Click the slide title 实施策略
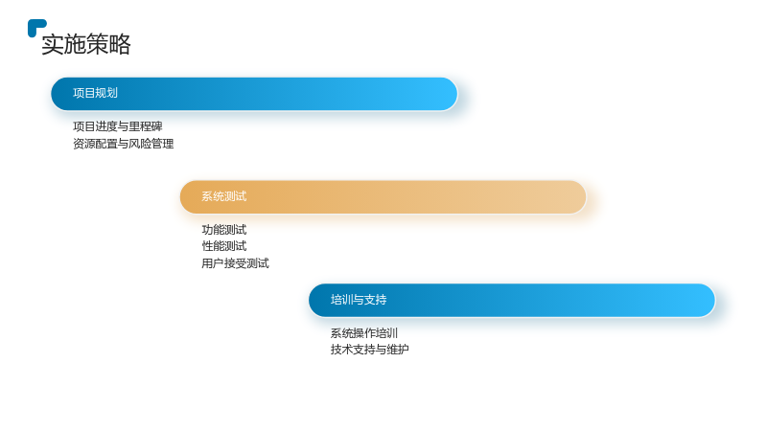pyautogui.click(x=86, y=44)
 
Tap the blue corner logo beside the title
pyautogui.click(x=36, y=28)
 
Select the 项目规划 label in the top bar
pyautogui.click(x=95, y=93)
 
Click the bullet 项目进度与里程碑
pyautogui.click(x=117, y=126)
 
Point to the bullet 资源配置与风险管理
pyautogui.click(x=124, y=144)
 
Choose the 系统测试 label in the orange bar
pyautogui.click(x=224, y=196)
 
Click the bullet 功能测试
pyautogui.click(x=224, y=230)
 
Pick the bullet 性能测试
pyautogui.click(x=224, y=246)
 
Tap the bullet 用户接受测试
pyautogui.click(x=235, y=264)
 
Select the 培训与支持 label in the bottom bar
pyautogui.click(x=359, y=300)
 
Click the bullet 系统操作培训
pyautogui.click(x=364, y=333)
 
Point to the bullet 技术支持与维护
pyautogui.click(x=370, y=350)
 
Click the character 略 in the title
pyautogui.click(x=120, y=44)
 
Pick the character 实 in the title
pyautogui.click(x=53, y=44)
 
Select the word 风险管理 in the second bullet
pyautogui.click(x=151, y=144)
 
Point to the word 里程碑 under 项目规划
pyautogui.click(x=146, y=126)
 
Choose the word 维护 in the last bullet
pyautogui.click(x=398, y=350)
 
